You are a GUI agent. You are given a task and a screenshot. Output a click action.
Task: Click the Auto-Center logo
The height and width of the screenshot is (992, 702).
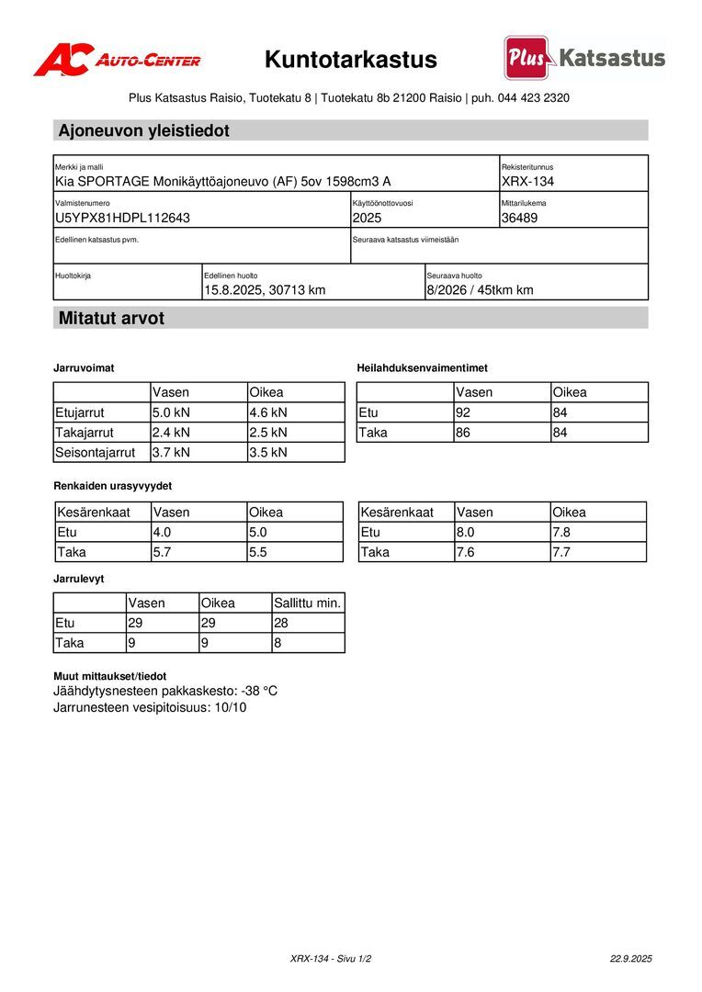tap(117, 60)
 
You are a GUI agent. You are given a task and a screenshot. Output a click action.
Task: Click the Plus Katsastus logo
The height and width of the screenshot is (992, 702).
tap(584, 58)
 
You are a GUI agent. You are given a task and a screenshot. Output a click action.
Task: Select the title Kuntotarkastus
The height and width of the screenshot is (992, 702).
tap(351, 60)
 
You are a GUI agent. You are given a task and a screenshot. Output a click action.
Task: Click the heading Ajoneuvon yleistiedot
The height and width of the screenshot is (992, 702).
tap(143, 130)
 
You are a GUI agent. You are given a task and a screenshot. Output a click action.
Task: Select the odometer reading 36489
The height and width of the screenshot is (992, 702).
tap(520, 218)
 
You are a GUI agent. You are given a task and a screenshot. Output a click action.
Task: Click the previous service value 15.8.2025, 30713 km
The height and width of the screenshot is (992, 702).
tap(265, 290)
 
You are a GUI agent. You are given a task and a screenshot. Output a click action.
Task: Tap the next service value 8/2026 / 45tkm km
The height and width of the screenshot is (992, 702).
tap(480, 290)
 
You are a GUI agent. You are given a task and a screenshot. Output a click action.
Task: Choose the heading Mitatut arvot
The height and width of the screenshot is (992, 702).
tap(111, 319)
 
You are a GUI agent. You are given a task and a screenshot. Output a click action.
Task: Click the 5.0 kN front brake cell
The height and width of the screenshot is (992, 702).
tap(171, 412)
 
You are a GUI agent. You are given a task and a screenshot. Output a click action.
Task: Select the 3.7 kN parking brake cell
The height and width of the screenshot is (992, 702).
tap(171, 452)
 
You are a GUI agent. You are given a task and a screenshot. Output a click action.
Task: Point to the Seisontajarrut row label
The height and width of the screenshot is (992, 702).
tap(95, 452)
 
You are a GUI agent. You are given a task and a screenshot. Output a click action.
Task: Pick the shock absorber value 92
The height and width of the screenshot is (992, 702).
tap(463, 412)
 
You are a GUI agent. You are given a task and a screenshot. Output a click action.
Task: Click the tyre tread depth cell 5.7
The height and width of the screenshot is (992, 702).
tap(162, 552)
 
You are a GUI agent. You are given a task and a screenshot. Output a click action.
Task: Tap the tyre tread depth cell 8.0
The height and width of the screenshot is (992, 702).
tap(466, 532)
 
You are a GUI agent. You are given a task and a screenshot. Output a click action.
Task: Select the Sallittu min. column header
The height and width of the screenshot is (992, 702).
tap(307, 603)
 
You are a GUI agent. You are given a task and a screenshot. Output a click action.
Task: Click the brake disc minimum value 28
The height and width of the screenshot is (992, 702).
tap(282, 623)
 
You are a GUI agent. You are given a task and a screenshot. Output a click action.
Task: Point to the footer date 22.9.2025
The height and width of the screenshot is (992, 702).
tap(630, 958)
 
